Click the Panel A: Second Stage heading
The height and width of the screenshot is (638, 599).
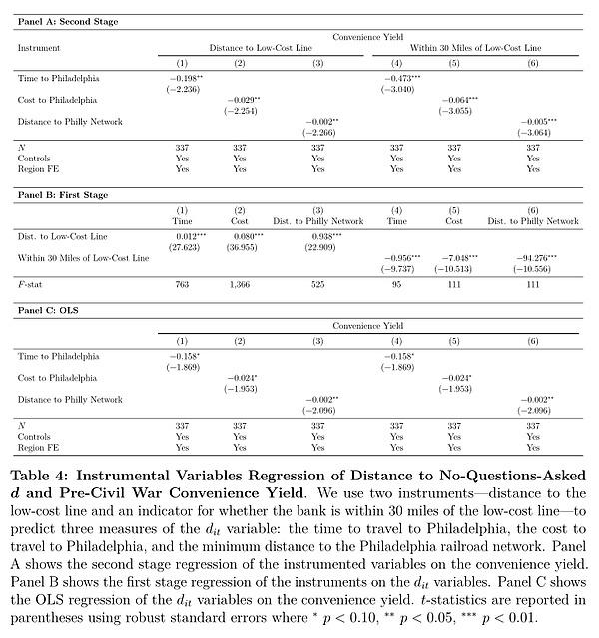pos(68,20)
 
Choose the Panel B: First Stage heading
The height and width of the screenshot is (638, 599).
pos(63,195)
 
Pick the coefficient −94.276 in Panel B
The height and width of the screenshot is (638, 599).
pos(532,257)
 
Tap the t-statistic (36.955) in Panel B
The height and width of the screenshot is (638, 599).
pos(240,245)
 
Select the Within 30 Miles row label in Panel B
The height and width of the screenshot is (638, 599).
pos(83,257)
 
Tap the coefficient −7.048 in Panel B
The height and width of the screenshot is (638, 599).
pos(457,257)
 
